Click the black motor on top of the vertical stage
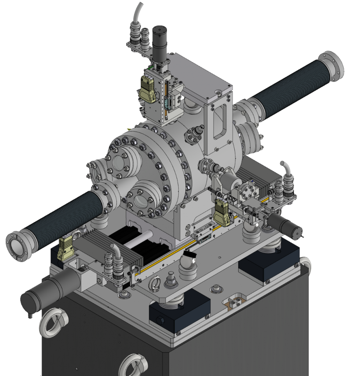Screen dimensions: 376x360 160,43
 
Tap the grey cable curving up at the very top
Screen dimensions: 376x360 138,13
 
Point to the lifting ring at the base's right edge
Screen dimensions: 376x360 305,263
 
